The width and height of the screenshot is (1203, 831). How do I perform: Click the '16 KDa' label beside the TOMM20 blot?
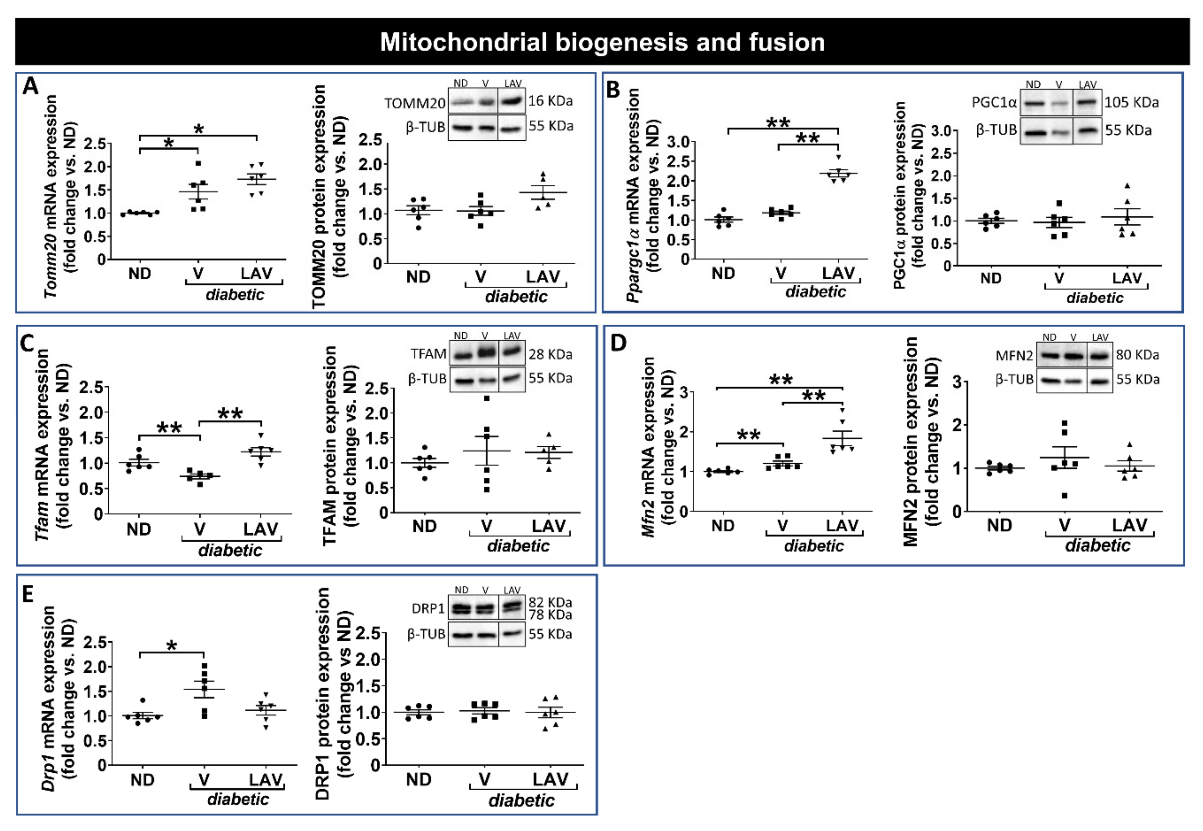coord(551,101)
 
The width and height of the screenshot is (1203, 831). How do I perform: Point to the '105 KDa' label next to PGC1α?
coord(1132,102)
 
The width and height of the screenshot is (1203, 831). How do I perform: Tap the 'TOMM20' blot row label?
coord(415,103)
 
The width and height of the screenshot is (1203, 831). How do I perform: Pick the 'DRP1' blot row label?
coord(428,608)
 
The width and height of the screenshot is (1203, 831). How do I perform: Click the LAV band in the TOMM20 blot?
coord(511,100)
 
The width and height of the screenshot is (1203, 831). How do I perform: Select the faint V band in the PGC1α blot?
coord(1059,103)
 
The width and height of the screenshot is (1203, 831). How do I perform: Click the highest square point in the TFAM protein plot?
coord(486,398)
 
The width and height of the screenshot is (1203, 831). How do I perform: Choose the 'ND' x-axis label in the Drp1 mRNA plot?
coord(142,780)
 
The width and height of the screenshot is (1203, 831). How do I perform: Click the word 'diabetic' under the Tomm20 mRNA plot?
coord(235,295)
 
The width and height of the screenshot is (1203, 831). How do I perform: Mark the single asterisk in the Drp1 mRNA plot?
coord(172,646)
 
